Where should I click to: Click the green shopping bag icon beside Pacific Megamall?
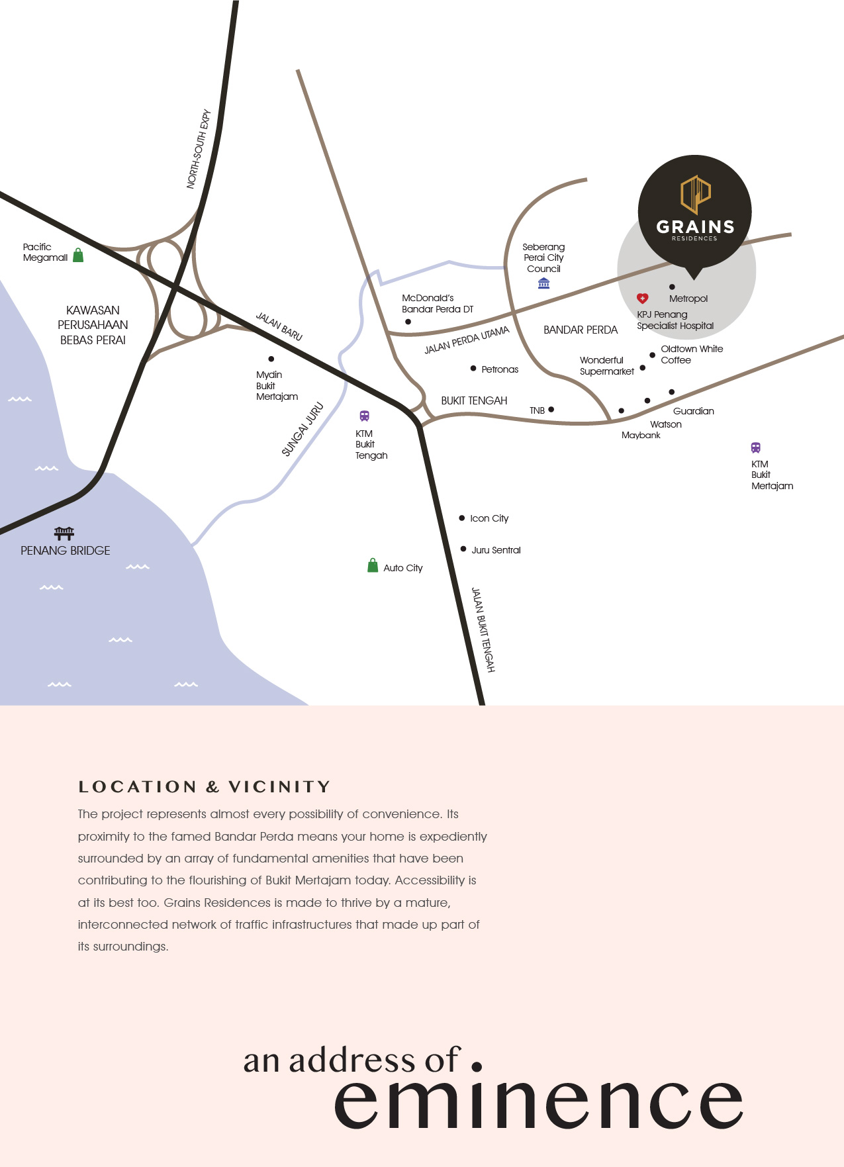[78, 255]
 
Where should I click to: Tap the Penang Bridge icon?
[64, 533]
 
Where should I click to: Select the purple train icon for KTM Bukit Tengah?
[364, 416]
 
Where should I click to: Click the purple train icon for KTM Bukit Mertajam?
[756, 447]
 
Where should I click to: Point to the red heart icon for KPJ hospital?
[642, 299]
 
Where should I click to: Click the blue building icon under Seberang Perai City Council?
[543, 283]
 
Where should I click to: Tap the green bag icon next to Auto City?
[373, 565]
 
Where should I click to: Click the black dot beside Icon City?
[461, 518]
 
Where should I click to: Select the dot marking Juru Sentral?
[463, 549]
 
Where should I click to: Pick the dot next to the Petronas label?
[473, 368]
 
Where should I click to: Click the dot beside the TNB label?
[551, 409]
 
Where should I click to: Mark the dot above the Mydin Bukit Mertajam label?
[271, 359]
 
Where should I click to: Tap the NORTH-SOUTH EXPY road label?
[199, 149]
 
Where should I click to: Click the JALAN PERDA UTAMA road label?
[467, 340]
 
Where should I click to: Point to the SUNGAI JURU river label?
[303, 429]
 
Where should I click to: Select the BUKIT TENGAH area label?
[474, 400]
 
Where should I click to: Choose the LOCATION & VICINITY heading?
[204, 786]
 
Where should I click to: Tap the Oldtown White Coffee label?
[692, 354]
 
